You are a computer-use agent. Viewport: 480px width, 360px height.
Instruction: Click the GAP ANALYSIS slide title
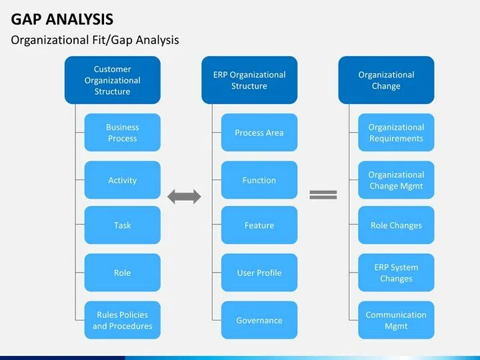click(61, 19)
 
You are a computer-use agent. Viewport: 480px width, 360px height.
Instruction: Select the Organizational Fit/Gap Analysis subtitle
click(95, 40)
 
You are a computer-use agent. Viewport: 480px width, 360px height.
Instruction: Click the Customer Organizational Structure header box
click(112, 80)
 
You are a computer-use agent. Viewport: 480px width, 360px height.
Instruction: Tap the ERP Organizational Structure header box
click(249, 80)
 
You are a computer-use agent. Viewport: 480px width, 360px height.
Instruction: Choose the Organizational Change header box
click(386, 80)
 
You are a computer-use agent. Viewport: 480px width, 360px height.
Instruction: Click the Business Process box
click(122, 133)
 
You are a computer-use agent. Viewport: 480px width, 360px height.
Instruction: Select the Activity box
click(122, 180)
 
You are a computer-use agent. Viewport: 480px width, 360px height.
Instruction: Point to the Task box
click(122, 225)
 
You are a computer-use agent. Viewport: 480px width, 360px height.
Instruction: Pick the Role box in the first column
click(122, 273)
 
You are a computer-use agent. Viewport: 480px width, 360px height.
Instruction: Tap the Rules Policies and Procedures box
click(122, 320)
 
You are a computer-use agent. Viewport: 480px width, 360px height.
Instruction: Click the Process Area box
click(259, 133)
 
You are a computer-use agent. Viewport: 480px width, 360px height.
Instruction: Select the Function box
click(259, 180)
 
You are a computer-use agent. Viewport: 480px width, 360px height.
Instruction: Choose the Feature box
click(259, 225)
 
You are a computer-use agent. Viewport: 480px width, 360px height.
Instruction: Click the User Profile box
click(259, 273)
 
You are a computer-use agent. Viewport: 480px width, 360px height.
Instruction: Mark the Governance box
click(259, 320)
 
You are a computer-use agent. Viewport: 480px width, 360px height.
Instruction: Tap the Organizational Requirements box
click(396, 133)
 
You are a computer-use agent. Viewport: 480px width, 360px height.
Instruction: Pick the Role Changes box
click(396, 225)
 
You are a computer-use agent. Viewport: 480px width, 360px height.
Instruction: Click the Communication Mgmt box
click(396, 320)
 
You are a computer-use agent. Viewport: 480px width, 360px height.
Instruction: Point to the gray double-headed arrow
click(184, 196)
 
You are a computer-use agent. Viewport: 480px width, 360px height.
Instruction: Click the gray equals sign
click(323, 195)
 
